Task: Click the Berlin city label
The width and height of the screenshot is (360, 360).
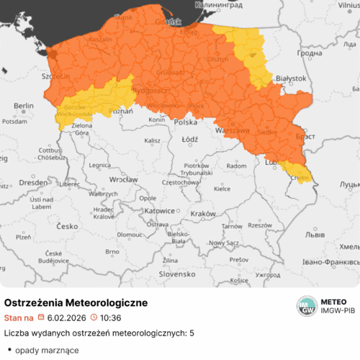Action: pyautogui.click(x=24, y=106)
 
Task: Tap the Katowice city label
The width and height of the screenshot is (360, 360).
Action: pyautogui.click(x=159, y=212)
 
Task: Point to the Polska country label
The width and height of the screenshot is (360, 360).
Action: pyautogui.click(x=186, y=123)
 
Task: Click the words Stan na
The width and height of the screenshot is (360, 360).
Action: pyautogui.click(x=19, y=318)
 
